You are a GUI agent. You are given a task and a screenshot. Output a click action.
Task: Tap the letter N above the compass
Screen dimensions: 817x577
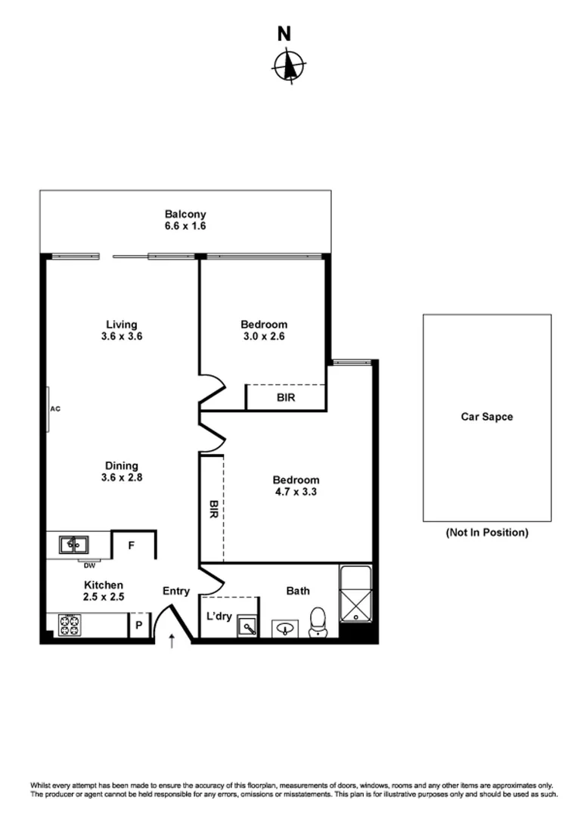point(284,34)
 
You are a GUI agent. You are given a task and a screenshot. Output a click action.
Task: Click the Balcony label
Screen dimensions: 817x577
point(185,214)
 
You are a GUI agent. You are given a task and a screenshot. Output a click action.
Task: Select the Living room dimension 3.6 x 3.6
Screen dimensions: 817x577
point(122,337)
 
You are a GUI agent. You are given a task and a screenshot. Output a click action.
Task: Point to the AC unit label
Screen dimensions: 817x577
point(54,409)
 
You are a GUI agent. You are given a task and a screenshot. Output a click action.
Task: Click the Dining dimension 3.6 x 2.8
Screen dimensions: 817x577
point(122,477)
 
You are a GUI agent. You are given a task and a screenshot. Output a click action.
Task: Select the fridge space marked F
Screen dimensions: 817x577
point(131,545)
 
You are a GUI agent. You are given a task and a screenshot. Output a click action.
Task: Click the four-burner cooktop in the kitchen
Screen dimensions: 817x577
point(70,626)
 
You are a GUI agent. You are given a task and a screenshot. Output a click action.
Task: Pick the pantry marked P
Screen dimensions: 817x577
point(139,626)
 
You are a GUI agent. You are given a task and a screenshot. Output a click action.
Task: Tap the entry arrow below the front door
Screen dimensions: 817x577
point(172,641)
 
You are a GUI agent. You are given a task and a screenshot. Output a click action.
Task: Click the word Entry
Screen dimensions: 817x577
point(176,591)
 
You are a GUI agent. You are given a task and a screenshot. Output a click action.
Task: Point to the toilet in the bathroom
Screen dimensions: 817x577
point(320,622)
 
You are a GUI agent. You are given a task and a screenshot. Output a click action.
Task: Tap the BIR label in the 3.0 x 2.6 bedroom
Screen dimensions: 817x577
point(286,396)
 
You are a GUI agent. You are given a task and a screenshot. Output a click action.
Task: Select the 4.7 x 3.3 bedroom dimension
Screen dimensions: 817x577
point(296,492)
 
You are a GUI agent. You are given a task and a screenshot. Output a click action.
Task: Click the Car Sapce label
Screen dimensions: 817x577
point(486,417)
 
